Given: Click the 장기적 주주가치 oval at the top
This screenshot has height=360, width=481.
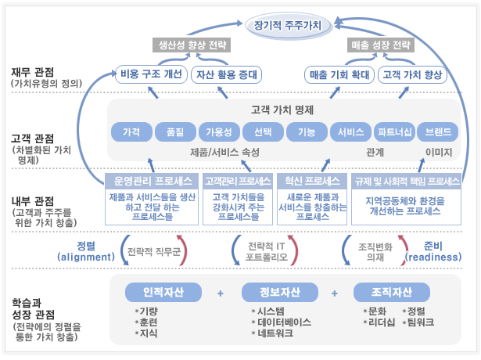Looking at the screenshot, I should coord(293,25).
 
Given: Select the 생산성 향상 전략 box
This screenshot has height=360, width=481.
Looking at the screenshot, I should coord(189,45).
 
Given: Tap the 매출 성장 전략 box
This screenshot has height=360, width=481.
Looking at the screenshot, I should coord(381,45).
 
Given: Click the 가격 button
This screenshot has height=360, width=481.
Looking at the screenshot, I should coord(131,131).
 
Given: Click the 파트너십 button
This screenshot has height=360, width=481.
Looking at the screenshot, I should coord(393,131).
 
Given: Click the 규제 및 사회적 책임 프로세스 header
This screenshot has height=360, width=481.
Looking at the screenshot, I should coord(407,181).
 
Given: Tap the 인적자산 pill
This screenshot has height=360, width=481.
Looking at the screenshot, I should coord(163,293).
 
